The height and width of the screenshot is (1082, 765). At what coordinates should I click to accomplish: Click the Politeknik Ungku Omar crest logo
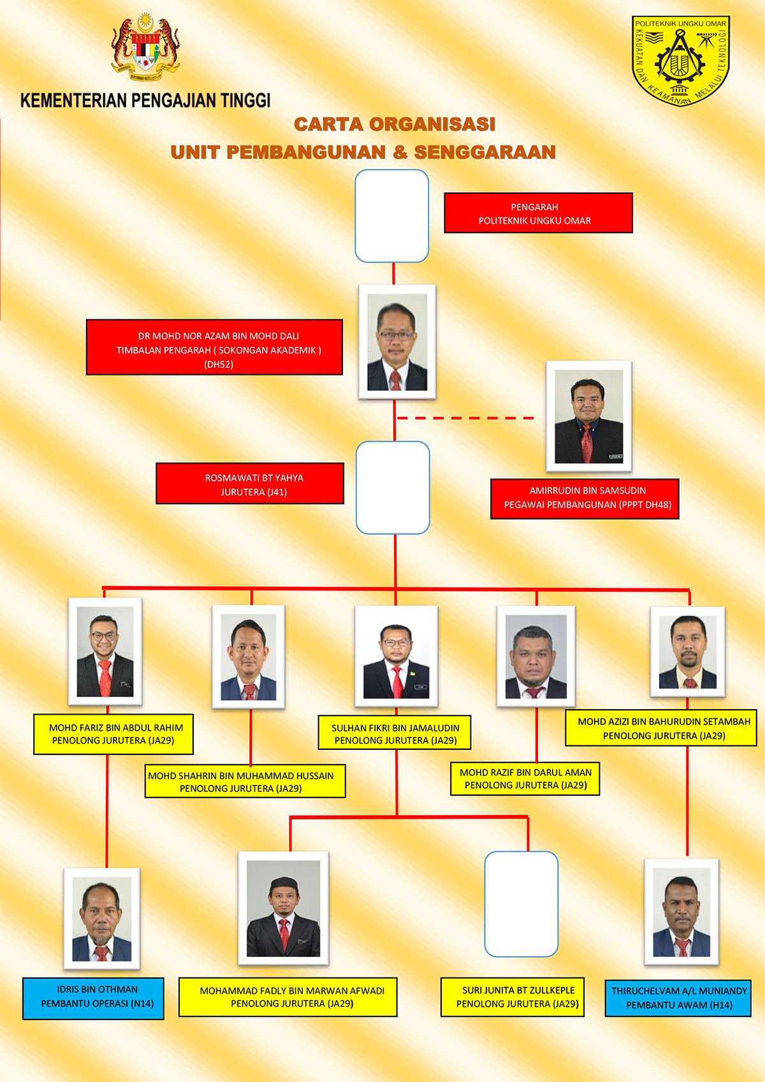click(x=680, y=61)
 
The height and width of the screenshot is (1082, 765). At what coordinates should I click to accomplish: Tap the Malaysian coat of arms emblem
click(x=145, y=47)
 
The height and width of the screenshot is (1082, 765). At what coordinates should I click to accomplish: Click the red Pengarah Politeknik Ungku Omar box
click(x=538, y=213)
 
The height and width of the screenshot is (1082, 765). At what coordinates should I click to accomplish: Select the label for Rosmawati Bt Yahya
click(x=250, y=483)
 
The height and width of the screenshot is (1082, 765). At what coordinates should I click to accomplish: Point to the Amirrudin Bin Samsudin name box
click(x=585, y=499)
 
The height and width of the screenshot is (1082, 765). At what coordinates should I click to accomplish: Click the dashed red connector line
click(x=465, y=418)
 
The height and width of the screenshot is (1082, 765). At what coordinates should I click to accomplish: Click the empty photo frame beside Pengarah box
click(x=391, y=216)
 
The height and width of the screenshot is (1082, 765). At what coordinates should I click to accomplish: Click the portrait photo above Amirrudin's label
click(x=588, y=416)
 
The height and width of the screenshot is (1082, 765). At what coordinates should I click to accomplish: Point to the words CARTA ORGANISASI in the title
click(x=395, y=124)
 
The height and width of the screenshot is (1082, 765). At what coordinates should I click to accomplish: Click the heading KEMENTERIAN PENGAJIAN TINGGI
click(x=145, y=101)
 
